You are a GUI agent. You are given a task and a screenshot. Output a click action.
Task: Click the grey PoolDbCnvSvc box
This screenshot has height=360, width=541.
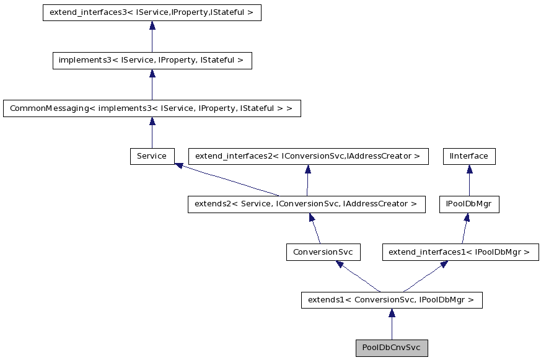pos(391,348)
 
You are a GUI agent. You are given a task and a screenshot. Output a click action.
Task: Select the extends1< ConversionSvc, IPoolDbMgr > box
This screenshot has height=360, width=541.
pos(391,301)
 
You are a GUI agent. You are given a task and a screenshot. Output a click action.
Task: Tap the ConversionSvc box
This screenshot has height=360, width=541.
pos(323,252)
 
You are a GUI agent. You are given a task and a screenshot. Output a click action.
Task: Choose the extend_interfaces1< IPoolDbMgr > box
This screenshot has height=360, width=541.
pos(460,252)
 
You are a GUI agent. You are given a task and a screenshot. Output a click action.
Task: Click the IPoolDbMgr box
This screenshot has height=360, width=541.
pos(469,204)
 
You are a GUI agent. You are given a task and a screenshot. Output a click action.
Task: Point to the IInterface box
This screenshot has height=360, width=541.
pos(469,156)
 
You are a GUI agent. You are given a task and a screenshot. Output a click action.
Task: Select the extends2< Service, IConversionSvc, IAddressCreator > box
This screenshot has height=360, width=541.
pos(306,204)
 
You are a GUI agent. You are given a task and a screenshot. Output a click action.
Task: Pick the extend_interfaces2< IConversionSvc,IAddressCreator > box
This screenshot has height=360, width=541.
pos(307,156)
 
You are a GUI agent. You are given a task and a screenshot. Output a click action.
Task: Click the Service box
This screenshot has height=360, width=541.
pos(152,156)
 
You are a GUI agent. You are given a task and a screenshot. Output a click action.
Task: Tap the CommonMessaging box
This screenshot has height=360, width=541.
pos(152,108)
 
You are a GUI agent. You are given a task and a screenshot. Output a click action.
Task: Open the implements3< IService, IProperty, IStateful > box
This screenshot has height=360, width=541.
pos(152,61)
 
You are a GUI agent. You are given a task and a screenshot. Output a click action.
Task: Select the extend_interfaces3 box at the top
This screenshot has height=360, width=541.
pos(152,13)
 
